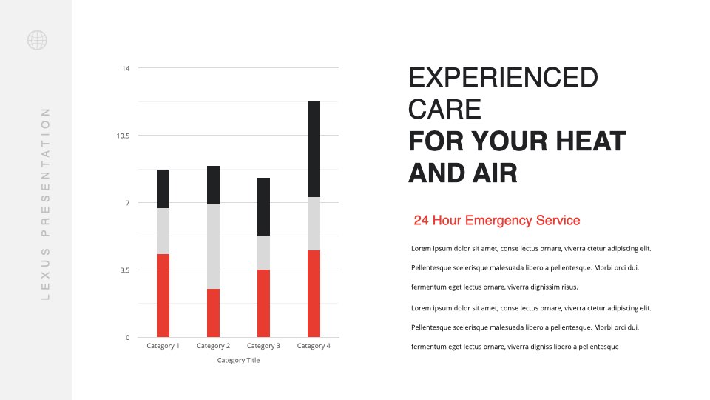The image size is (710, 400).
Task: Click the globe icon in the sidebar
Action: coord(37,40)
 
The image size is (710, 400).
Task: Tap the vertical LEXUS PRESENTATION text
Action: coord(45,204)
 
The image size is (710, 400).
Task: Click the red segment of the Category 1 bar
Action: coord(163,296)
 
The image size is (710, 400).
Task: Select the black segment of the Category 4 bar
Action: coord(314,149)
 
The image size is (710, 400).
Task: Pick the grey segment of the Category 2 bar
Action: coord(213,247)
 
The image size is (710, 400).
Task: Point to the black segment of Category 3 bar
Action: coord(263,207)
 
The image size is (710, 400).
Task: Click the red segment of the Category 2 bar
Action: coord(213,313)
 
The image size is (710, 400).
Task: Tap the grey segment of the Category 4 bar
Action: coord(314,224)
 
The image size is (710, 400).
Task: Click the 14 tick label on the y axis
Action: coord(126,68)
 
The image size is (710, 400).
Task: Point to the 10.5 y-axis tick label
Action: coord(123,136)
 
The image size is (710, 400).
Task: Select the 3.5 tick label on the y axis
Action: coord(124,270)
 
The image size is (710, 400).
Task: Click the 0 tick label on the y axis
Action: coord(127,338)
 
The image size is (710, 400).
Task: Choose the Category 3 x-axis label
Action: coord(263,346)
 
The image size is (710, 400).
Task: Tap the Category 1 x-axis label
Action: coord(163,346)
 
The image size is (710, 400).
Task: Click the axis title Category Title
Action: coord(238,360)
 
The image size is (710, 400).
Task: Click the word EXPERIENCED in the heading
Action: coord(503,78)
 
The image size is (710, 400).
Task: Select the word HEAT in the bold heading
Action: coord(590,141)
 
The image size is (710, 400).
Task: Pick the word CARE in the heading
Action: coord(444,110)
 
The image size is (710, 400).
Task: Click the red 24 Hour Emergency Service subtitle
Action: coord(497,221)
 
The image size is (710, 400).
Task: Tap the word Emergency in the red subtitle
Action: coord(498,221)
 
